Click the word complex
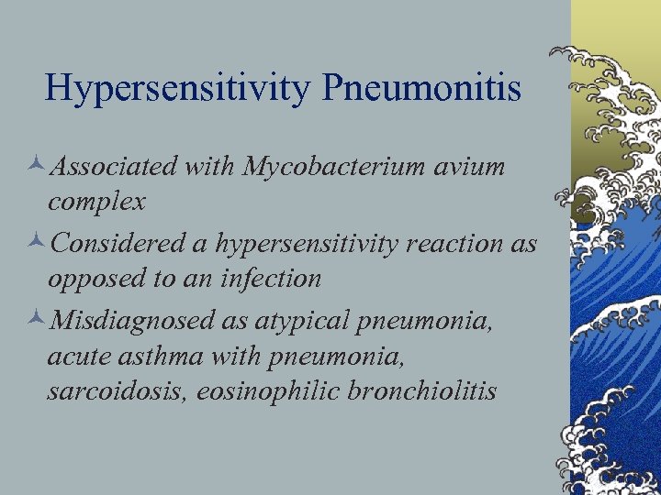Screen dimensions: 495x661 pyautogui.click(x=96, y=201)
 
